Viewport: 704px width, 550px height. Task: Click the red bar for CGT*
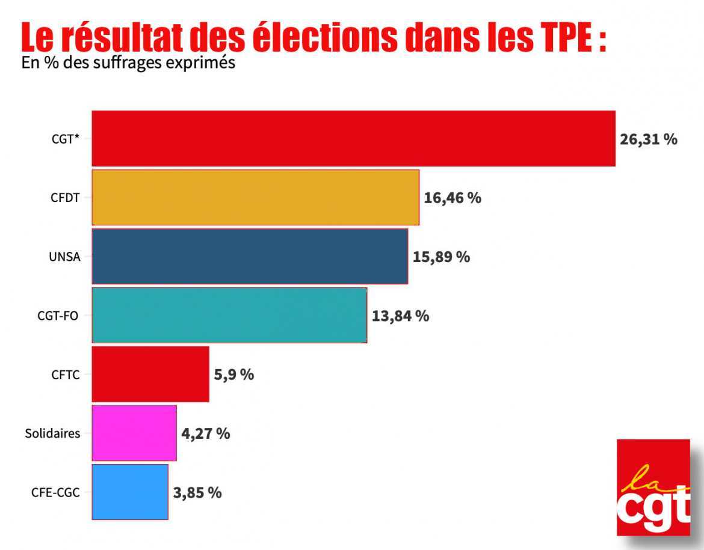(x=353, y=138)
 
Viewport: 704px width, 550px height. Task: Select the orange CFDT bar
(x=255, y=197)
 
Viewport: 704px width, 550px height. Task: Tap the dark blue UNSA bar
(x=249, y=256)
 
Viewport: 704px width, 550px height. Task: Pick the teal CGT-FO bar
(x=229, y=315)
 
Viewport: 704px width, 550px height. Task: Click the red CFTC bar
(x=150, y=374)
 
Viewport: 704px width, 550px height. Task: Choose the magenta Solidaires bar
(x=134, y=433)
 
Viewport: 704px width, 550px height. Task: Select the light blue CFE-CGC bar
(x=130, y=492)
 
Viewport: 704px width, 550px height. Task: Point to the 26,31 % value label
(x=648, y=139)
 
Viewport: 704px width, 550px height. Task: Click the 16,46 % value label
(x=452, y=198)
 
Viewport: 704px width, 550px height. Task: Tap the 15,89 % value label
(x=441, y=257)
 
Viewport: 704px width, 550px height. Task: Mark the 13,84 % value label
(x=400, y=316)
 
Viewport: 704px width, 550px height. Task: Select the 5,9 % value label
(x=234, y=374)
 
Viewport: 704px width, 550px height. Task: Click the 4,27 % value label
(x=205, y=433)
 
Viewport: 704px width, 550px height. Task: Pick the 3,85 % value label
(x=197, y=492)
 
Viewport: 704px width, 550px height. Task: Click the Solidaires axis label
(x=52, y=433)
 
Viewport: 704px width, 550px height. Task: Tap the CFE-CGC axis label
(x=55, y=492)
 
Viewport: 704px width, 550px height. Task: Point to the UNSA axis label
(x=64, y=257)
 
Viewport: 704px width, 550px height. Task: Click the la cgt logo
(x=653, y=487)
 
